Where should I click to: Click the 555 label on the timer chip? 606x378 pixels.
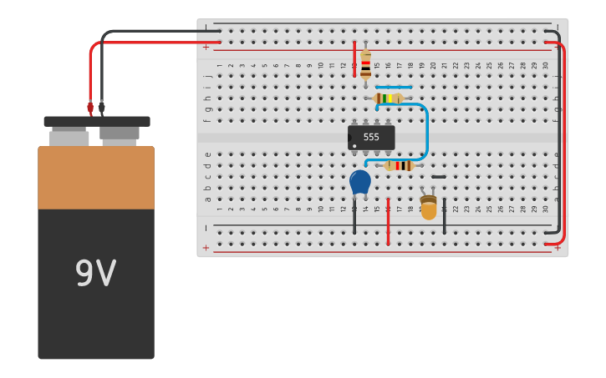tap(371, 137)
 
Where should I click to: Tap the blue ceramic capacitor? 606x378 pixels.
tap(359, 181)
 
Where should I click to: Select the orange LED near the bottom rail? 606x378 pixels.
tap(429, 208)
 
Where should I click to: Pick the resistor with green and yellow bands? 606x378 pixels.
tap(388, 98)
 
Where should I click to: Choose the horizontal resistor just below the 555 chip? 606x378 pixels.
tap(399, 165)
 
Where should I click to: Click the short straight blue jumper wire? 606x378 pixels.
tap(393, 87)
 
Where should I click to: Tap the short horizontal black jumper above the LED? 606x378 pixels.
tap(439, 177)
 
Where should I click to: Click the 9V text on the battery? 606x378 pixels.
tap(95, 274)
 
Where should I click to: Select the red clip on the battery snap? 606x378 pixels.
tap(90, 108)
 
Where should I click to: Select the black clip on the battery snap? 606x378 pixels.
tap(102, 108)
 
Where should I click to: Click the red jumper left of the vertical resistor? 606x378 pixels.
tap(354, 58)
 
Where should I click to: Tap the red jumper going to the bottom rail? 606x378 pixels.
tap(388, 221)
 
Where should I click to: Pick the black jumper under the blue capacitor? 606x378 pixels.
tap(354, 218)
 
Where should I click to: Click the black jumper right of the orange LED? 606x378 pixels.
tap(444, 216)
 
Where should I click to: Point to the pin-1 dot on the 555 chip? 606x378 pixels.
tap(354, 146)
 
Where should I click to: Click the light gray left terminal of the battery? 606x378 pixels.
tap(69, 139)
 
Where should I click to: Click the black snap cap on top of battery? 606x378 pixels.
tap(97, 122)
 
